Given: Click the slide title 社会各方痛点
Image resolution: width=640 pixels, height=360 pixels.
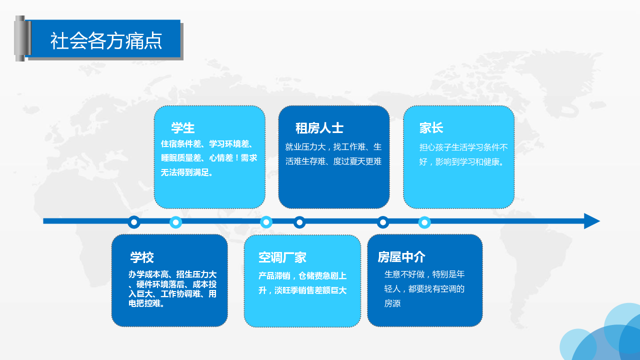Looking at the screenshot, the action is tap(106, 41).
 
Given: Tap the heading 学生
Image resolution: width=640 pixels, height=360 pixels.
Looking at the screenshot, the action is tap(183, 127).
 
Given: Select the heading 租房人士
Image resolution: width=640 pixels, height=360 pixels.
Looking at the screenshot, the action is tap(319, 128).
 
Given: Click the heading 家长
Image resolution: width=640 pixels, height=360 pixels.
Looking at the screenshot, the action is tap(431, 127).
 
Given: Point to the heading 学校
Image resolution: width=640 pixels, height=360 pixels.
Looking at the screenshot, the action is tap(142, 257).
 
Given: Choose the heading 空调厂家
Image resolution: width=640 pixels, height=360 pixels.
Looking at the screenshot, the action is tap(282, 257).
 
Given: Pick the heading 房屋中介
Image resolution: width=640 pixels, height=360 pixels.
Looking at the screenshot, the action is tap(401, 257).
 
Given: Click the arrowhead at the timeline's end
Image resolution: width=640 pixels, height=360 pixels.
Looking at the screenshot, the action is tap(592, 221).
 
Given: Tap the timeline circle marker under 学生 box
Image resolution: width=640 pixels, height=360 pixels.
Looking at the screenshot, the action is tap(175, 222).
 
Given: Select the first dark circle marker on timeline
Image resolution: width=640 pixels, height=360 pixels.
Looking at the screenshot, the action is tap(134, 222).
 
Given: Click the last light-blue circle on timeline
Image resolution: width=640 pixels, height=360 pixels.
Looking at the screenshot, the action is tap(424, 222).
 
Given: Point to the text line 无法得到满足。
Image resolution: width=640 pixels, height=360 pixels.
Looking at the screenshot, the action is tap(187, 172).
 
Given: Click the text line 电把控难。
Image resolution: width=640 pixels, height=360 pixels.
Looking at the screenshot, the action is tap(146, 303).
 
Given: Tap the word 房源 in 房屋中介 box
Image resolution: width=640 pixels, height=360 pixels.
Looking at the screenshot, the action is tap(392, 303).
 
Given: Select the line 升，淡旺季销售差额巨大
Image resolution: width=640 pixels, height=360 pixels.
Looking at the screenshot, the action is tap(302, 290).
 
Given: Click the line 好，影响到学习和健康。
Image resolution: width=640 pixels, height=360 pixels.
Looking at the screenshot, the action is tap(461, 162).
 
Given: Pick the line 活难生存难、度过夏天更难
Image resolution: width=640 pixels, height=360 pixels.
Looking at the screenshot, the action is tap(333, 161).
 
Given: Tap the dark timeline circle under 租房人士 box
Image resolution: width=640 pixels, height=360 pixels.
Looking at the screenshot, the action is tap(299, 222).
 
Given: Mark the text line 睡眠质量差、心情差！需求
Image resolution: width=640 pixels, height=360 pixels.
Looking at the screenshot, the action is tap(209, 157).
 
